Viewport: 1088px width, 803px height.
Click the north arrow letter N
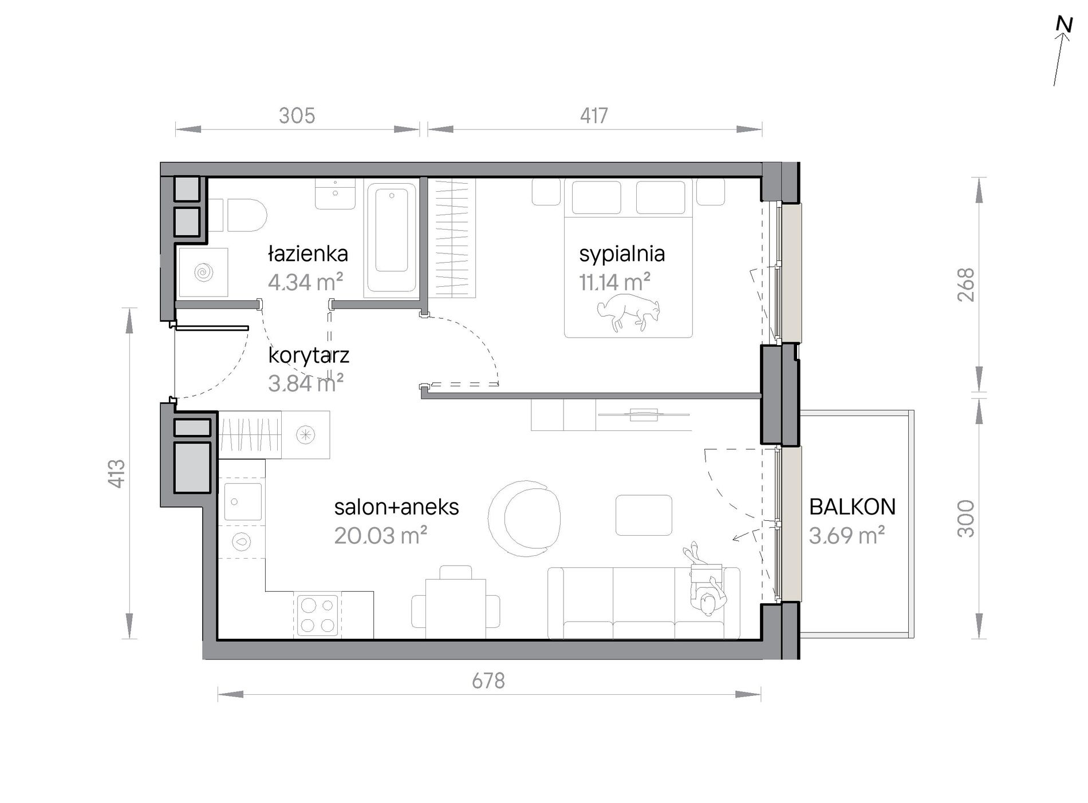[1064, 25]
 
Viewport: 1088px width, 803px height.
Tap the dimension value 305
[297, 116]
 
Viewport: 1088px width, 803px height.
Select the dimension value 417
[594, 116]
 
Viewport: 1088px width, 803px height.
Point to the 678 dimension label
[488, 681]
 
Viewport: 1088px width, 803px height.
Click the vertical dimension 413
[117, 473]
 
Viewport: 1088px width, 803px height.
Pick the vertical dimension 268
[966, 285]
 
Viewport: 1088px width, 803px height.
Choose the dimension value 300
[966, 519]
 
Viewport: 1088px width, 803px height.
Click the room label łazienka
[308, 254]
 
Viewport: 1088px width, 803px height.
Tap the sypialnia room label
[622, 254]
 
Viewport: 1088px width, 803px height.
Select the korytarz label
[309, 355]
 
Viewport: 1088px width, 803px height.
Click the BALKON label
[853, 507]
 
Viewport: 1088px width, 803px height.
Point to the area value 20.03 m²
[381, 536]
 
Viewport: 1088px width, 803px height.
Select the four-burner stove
[317, 615]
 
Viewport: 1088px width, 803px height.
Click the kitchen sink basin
[243, 501]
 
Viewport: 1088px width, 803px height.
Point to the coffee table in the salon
[644, 515]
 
